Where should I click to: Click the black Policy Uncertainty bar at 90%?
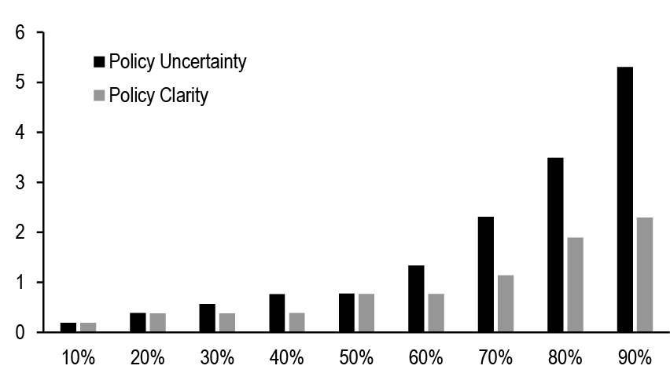pyautogui.click(x=625, y=199)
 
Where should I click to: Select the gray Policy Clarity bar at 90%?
pyautogui.click(x=644, y=275)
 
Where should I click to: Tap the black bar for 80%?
pyautogui.click(x=555, y=245)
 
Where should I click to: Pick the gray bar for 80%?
pyautogui.click(x=574, y=284)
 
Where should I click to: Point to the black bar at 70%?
pyautogui.click(x=486, y=275)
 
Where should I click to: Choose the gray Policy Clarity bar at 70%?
pyautogui.click(x=505, y=303)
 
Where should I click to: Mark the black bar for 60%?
pyautogui.click(x=416, y=298)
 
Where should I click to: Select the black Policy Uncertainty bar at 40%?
pyautogui.click(x=277, y=313)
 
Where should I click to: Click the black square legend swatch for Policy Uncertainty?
pyautogui.click(x=99, y=60)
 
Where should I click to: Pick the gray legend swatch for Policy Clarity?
pyautogui.click(x=99, y=95)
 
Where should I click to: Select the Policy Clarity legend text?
pyautogui.click(x=159, y=95)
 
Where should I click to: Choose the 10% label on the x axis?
pyautogui.click(x=77, y=358)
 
